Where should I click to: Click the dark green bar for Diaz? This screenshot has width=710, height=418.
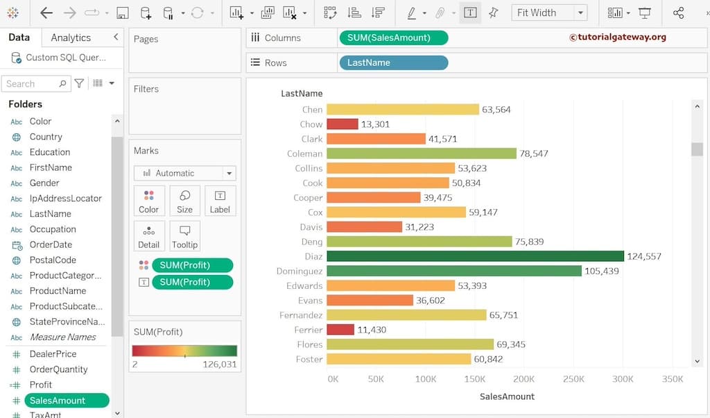[x=475, y=256]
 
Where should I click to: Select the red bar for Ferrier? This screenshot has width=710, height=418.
[x=340, y=330]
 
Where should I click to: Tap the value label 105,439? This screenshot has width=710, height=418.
[x=601, y=271]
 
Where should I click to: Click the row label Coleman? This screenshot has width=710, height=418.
[x=304, y=153]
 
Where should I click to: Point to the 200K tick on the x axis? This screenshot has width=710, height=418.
[x=523, y=379]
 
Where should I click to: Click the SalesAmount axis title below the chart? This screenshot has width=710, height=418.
[x=507, y=396]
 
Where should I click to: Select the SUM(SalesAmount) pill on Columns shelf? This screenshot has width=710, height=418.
[x=393, y=37]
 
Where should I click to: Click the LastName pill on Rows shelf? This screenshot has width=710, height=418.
[x=393, y=62]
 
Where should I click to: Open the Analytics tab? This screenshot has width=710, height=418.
[x=71, y=37]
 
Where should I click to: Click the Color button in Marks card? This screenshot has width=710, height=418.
[x=148, y=201]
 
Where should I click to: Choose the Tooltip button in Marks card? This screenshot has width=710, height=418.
[x=184, y=236]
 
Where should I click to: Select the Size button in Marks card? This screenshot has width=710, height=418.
[x=184, y=201]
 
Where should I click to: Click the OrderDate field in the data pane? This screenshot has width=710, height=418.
[x=51, y=244]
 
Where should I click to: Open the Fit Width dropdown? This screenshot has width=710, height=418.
[x=549, y=12]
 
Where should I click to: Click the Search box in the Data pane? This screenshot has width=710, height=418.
[x=31, y=83]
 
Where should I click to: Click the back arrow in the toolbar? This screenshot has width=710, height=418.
[x=46, y=12]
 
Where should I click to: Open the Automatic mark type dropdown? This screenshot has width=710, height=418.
[x=184, y=173]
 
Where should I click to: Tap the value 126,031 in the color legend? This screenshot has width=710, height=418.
[x=219, y=365]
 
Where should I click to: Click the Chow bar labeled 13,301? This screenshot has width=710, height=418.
[x=342, y=124]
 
